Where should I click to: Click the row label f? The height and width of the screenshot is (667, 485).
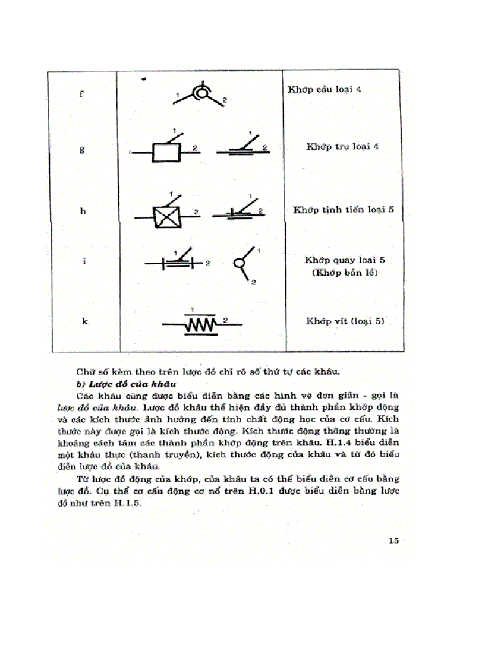tap(81, 94)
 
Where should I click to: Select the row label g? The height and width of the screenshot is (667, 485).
tap(81, 150)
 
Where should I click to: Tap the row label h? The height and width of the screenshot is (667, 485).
tap(82, 211)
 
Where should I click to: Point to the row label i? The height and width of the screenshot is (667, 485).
tap(84, 261)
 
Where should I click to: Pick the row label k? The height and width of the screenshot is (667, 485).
tap(84, 321)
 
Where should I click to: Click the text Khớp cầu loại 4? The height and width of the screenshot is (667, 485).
tap(325, 90)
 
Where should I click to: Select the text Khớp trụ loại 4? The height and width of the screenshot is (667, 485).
tap(342, 147)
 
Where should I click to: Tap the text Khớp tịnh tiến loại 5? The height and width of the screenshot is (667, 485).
tap(344, 210)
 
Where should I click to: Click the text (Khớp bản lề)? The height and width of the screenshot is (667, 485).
tap(345, 273)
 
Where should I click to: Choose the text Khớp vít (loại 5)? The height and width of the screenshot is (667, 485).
tap(345, 321)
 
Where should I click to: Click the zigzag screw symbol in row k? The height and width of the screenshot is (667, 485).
tap(202, 324)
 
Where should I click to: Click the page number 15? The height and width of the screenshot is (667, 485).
tap(393, 540)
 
